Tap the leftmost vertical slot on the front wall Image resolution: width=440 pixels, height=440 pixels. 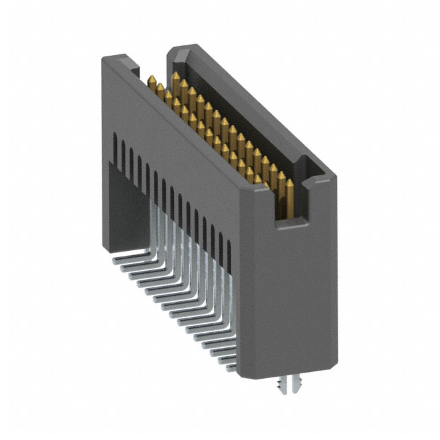pos(114,146)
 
